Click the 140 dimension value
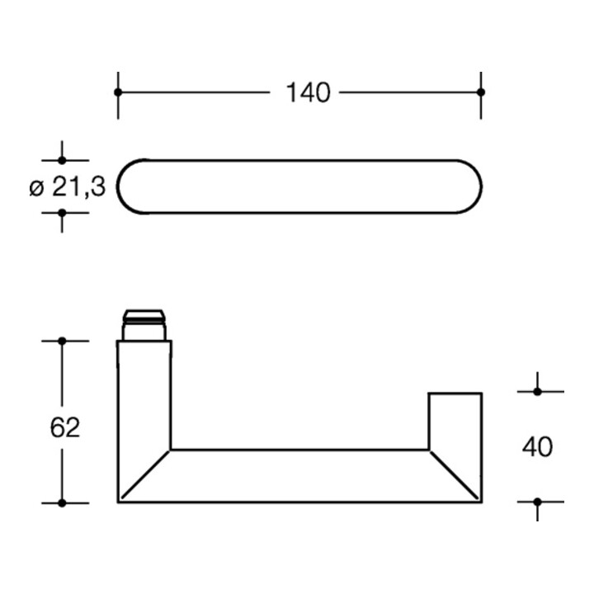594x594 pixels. click(308, 92)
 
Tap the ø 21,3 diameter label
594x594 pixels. click(67, 186)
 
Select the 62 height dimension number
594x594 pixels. click(65, 427)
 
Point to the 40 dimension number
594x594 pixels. click(537, 447)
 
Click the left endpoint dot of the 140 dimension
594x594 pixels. click(118, 92)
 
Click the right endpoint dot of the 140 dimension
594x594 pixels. click(481, 92)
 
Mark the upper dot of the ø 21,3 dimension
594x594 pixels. click(62, 160)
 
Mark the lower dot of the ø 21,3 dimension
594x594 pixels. click(62, 213)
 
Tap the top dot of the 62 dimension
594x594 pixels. click(62, 341)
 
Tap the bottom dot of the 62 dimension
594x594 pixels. click(62, 502)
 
